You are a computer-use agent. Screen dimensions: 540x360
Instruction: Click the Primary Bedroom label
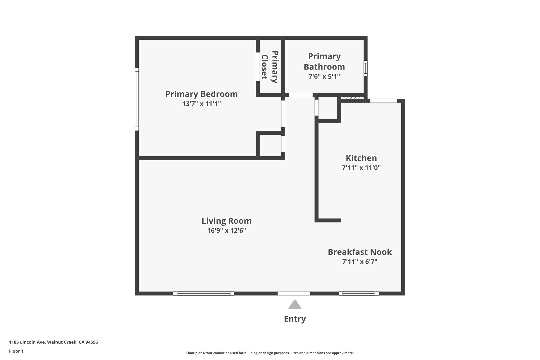201,94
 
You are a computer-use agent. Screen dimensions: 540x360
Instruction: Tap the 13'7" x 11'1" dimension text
202,104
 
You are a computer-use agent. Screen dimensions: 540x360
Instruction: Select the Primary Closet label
270,67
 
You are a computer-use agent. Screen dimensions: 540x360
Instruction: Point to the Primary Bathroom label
324,61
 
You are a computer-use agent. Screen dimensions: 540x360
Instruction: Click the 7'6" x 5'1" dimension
324,76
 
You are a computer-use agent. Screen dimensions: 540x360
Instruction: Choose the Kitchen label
361,158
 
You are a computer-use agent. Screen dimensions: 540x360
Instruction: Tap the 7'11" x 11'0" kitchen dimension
361,168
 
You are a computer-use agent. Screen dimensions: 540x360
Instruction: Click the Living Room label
227,221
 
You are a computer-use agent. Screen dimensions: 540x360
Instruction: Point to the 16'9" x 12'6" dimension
227,231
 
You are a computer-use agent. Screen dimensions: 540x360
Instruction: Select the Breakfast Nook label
360,252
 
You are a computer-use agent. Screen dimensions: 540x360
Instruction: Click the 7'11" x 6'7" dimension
360,262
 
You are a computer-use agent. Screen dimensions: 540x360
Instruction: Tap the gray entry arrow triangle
295,304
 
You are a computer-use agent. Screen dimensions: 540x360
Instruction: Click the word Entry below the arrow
295,319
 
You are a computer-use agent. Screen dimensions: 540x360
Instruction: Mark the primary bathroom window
365,68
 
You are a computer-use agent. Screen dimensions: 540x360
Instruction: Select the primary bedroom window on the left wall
137,99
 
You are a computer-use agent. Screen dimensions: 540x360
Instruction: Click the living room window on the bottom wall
203,293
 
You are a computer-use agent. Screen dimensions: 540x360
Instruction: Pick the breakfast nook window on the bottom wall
359,293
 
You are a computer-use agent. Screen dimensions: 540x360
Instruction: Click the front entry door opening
294,293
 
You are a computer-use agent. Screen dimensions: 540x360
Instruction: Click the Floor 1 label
16,351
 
